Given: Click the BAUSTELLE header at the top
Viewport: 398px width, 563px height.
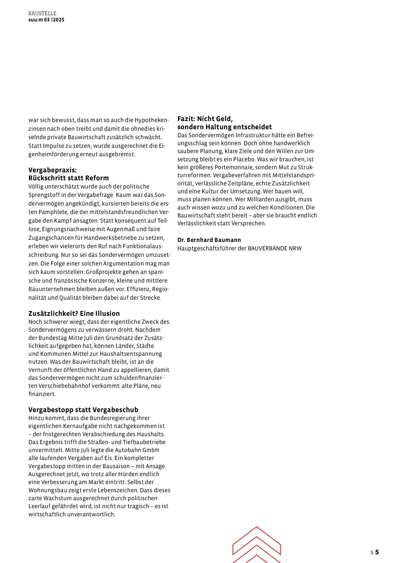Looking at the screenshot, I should (42, 14).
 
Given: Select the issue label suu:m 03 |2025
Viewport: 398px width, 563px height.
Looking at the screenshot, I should (46, 20).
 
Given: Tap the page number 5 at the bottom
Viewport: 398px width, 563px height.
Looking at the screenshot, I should (377, 552).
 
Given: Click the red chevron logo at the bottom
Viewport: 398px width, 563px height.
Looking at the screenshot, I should (257, 545).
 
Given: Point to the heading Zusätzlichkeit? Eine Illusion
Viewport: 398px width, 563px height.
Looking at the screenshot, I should (74, 313).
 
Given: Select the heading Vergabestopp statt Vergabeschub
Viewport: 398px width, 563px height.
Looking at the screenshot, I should (83, 410).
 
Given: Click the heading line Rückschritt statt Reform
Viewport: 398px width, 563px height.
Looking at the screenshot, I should (69, 178).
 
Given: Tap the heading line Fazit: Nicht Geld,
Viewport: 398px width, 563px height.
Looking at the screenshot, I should (205, 119).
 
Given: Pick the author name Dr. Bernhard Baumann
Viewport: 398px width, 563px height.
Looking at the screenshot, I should (209, 240).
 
